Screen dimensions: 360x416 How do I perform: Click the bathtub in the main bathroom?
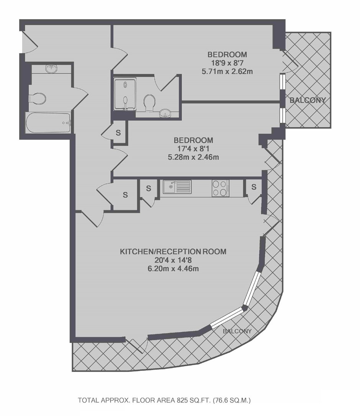click(x=48, y=123)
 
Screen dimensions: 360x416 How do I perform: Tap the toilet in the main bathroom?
click(x=37, y=98)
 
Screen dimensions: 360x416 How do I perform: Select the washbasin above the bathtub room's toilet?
click(x=51, y=69)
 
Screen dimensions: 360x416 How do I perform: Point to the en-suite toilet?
click(x=149, y=103)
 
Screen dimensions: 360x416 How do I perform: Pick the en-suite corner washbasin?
click(x=166, y=114)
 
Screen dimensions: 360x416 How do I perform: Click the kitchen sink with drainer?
click(x=177, y=187)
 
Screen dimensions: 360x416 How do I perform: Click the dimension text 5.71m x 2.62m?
click(x=227, y=72)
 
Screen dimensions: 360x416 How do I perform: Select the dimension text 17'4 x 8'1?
click(x=193, y=149)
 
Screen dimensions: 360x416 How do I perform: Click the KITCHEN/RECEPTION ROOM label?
click(x=173, y=252)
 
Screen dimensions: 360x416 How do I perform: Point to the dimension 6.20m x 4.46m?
click(x=173, y=269)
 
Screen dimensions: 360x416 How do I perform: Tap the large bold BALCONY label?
click(x=308, y=100)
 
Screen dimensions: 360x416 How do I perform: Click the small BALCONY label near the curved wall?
click(x=237, y=331)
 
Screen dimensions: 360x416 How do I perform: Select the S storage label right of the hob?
click(x=254, y=187)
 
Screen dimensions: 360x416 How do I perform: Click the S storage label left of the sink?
click(x=149, y=188)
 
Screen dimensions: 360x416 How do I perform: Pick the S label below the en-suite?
click(x=118, y=133)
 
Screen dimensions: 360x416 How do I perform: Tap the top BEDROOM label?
click(x=227, y=55)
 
